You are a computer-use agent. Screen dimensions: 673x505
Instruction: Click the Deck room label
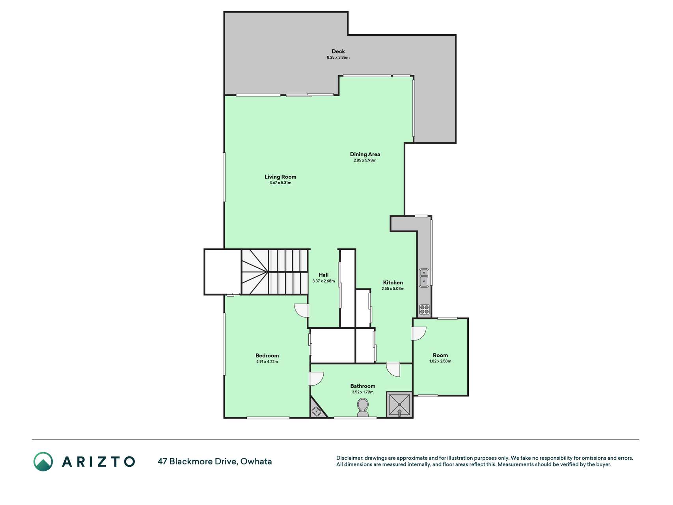[x=338, y=51]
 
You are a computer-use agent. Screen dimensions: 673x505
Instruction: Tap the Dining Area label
[x=365, y=154]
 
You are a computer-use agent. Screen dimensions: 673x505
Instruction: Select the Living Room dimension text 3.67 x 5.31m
[x=280, y=183]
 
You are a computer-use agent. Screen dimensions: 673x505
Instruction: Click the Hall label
[x=324, y=275]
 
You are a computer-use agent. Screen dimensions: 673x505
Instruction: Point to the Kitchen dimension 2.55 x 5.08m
[x=393, y=288]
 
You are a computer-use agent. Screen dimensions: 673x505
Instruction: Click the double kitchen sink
[x=424, y=277]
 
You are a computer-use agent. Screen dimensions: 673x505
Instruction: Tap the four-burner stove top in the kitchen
[x=424, y=310]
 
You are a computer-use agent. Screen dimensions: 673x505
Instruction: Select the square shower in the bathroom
[x=399, y=404]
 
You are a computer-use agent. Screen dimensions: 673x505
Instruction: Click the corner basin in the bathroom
[x=317, y=411]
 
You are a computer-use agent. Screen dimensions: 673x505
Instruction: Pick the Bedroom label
[x=267, y=355]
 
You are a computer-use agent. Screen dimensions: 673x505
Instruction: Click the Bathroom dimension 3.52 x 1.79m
[x=363, y=392]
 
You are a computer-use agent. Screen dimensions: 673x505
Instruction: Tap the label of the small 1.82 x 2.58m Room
[x=440, y=355]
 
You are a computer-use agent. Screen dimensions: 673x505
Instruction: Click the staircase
[x=275, y=272]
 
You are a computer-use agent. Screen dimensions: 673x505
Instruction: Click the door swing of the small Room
[x=419, y=334]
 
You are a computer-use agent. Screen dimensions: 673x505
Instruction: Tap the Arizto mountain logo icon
[x=43, y=462]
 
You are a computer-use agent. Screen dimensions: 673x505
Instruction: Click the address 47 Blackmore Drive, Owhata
[x=215, y=461]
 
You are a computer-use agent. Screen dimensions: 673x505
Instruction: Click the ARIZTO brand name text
[x=99, y=462]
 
